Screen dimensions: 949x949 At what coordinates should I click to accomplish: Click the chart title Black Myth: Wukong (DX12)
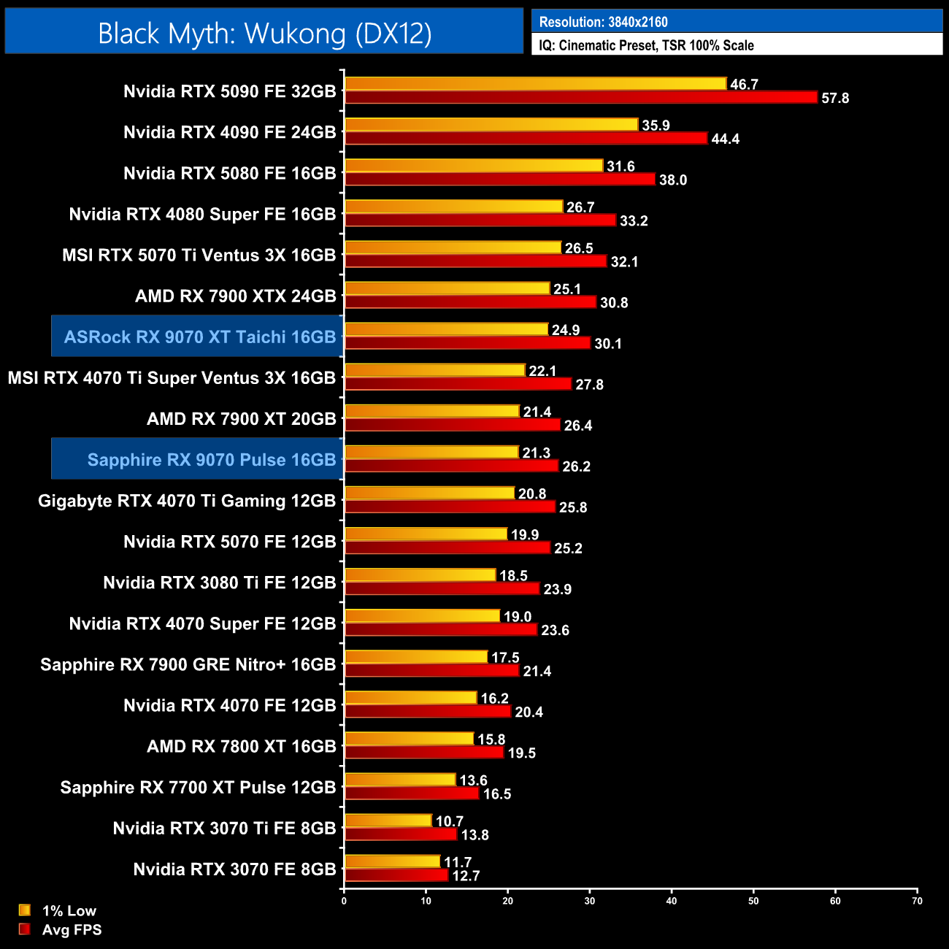pos(264,34)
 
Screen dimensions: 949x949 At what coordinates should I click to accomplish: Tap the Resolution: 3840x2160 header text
pos(603,22)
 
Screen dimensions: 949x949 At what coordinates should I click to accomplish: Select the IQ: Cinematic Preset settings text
pos(646,45)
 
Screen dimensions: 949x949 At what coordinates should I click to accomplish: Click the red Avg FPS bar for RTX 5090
pos(580,97)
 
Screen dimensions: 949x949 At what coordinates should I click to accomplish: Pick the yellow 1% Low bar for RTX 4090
pos(491,125)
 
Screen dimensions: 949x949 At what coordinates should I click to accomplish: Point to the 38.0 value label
pos(672,180)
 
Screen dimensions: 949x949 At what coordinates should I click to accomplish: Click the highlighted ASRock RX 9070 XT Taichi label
pos(199,337)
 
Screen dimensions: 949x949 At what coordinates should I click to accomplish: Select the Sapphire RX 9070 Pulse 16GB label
pos(211,459)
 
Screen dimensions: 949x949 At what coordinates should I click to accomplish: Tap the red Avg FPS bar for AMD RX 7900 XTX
pos(470,302)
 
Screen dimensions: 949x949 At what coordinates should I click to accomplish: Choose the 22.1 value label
pos(542,371)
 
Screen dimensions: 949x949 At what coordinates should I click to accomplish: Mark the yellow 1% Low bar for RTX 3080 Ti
pos(420,575)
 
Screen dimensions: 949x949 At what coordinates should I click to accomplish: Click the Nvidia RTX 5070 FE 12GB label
pos(229,542)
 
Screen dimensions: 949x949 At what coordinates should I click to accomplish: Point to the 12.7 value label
pos(466,875)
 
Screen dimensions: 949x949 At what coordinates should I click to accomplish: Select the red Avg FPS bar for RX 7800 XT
pos(424,752)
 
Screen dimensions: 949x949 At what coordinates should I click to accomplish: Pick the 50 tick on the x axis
pos(753,901)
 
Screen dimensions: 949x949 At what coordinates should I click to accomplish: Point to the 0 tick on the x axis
pos(344,901)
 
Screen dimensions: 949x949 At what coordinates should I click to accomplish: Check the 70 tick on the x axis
pos(917,901)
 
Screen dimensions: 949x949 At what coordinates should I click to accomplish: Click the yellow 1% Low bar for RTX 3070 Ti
pos(388,821)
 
